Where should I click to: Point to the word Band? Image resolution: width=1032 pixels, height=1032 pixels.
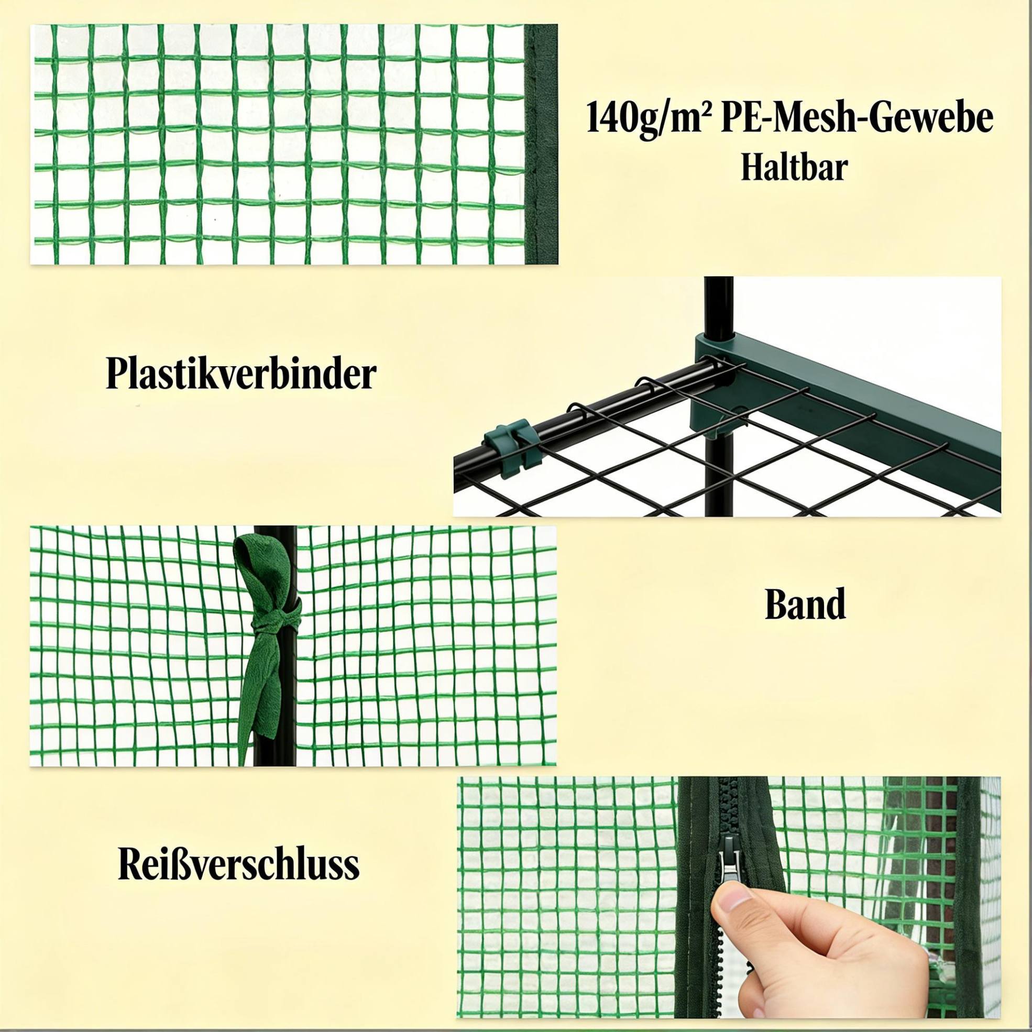(805, 605)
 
